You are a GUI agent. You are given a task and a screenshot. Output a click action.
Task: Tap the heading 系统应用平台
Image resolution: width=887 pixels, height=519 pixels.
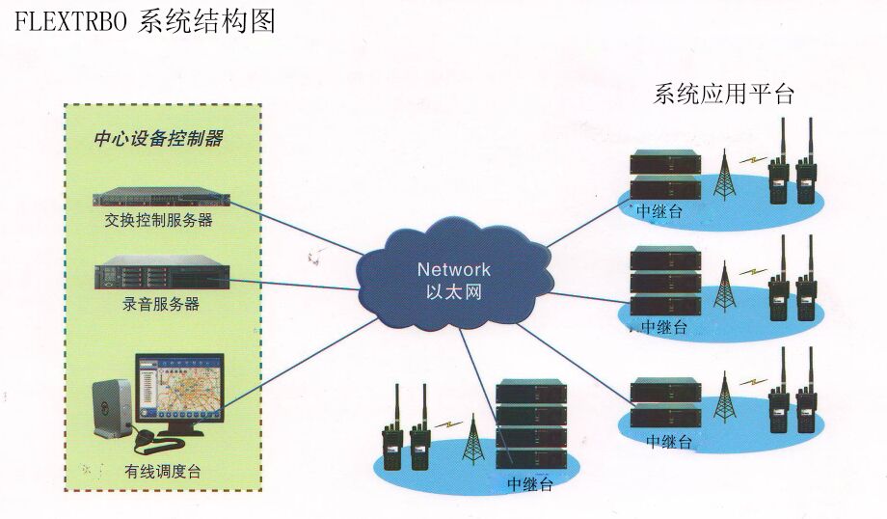[x=723, y=95]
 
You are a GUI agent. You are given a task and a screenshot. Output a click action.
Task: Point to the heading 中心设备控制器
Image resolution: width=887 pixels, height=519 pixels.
[x=157, y=140]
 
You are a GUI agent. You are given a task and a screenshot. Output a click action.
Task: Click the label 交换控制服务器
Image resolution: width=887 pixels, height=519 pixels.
[x=158, y=221]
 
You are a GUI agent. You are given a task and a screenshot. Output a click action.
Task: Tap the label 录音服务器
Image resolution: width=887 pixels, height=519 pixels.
[x=161, y=305]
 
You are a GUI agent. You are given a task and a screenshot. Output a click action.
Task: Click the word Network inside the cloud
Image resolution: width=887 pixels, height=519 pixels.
[x=453, y=270]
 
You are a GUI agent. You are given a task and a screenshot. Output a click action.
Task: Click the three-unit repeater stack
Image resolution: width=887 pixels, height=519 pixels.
[x=664, y=280]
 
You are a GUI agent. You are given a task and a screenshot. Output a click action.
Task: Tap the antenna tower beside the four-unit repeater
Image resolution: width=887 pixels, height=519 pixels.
[x=471, y=440]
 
